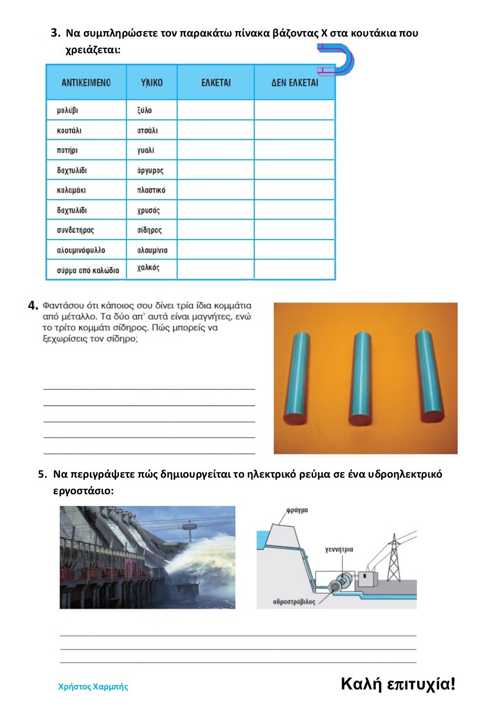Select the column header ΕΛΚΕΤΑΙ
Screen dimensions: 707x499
tap(216, 83)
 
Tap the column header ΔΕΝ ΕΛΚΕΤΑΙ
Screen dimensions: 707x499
tap(294, 83)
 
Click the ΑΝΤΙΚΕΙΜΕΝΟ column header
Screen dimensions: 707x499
tap(86, 83)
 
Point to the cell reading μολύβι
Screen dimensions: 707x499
tap(67, 110)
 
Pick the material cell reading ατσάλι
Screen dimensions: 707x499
tap(147, 130)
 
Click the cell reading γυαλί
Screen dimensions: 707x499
tap(146, 150)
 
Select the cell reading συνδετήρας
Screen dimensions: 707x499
tap(76, 230)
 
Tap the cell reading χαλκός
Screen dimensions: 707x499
tap(148, 267)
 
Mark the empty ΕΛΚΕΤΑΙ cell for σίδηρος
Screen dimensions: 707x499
tap(215, 230)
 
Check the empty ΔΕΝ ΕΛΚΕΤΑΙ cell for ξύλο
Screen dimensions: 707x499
tap(294, 110)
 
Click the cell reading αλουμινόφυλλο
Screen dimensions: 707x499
tap(81, 250)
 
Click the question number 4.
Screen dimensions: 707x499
tap(33, 306)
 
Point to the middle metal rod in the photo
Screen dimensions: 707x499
tap(361, 379)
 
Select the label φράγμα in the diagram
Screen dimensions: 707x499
tap(297, 510)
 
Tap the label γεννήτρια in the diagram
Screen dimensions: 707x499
tap(339, 549)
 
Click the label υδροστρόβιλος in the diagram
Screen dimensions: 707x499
tap(294, 602)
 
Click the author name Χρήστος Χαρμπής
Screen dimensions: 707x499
tap(93, 687)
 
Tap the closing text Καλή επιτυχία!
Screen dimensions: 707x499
tap(398, 684)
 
